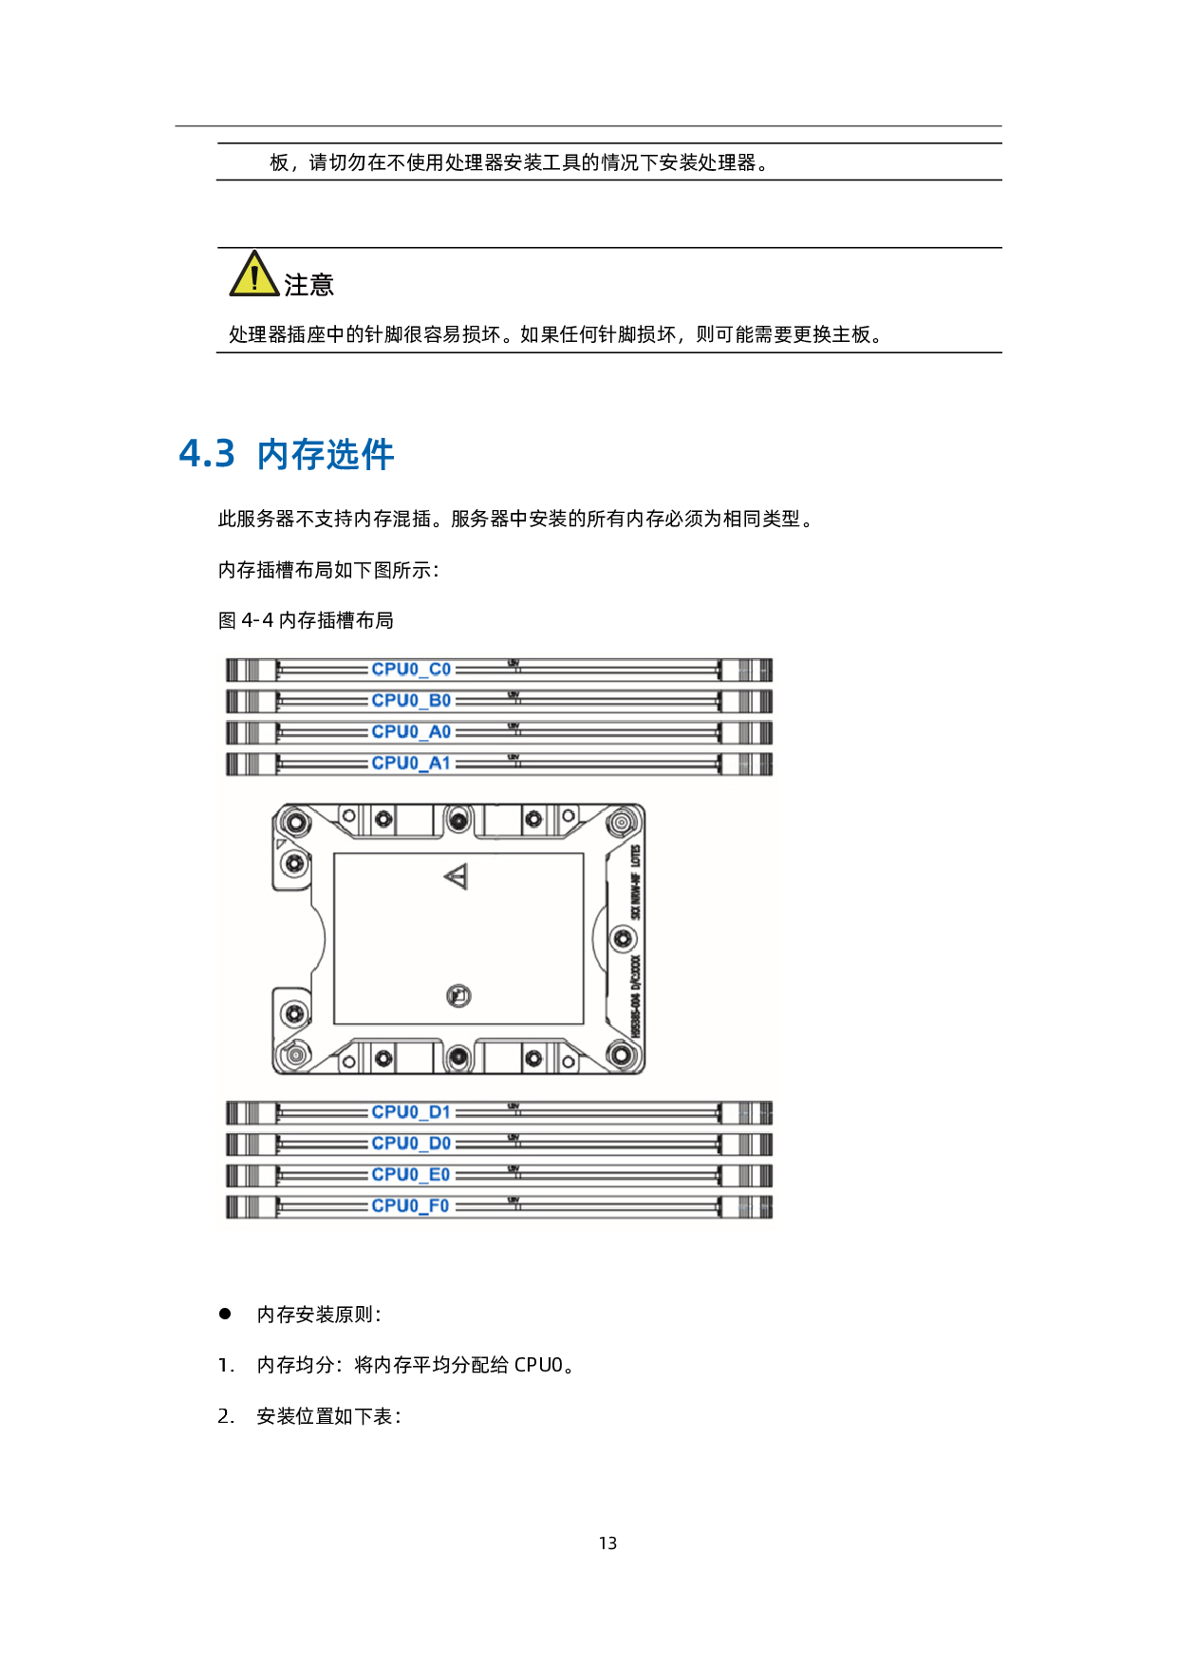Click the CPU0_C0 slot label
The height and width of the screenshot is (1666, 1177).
(x=411, y=670)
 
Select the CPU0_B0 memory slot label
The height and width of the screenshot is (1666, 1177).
(x=411, y=701)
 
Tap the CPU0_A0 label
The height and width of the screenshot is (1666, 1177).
(x=411, y=732)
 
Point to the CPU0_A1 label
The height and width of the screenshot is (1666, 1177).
(x=411, y=764)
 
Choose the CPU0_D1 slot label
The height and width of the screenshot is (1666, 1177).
(x=411, y=1112)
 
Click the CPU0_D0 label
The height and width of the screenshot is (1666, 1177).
(x=411, y=1144)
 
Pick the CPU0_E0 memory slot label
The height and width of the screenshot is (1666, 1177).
(x=411, y=1175)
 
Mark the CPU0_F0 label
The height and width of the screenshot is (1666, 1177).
(x=411, y=1206)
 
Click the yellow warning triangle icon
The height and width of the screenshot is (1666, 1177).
(x=254, y=275)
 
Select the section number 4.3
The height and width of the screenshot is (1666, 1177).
(x=207, y=454)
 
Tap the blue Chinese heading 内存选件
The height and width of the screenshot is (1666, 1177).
(x=326, y=455)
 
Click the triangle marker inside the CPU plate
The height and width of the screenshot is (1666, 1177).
(x=457, y=877)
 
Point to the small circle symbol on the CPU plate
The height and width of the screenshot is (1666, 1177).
(x=458, y=995)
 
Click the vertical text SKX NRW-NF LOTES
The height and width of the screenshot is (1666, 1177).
(x=636, y=881)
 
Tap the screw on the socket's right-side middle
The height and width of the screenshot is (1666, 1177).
(x=622, y=939)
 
